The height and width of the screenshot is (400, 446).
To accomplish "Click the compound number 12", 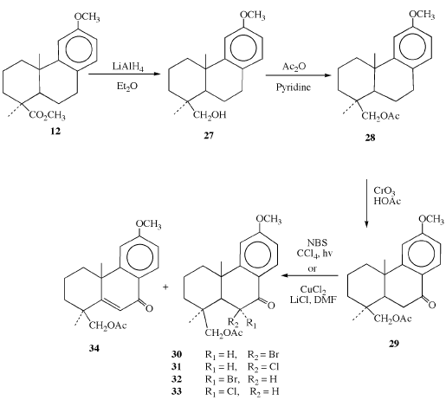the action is (55, 132).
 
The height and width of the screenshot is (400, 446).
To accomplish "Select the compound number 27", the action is (209, 135).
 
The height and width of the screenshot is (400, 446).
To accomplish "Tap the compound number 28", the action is (370, 138).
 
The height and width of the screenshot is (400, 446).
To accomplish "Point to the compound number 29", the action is (394, 344).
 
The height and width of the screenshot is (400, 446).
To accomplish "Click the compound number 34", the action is (94, 348).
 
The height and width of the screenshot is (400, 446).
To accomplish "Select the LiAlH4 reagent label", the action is (128, 68).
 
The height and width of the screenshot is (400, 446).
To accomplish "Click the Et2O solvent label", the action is (127, 87).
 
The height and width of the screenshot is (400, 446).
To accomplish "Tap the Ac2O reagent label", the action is (294, 68).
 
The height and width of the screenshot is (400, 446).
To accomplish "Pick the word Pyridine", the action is (294, 87).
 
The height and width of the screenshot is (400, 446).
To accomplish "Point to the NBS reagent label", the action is (317, 242).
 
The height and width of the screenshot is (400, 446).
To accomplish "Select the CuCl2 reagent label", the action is (313, 289).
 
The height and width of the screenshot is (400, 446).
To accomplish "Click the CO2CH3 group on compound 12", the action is (47, 115).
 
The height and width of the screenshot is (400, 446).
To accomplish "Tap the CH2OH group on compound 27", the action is (210, 115).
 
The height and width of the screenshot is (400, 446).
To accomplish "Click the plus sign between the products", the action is (165, 287).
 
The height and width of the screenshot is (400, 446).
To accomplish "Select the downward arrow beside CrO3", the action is (366, 203).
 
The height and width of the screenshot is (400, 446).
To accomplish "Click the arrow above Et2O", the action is (124, 74).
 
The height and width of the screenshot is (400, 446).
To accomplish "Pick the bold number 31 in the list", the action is (176, 366).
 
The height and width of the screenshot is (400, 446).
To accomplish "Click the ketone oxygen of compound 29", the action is (432, 305).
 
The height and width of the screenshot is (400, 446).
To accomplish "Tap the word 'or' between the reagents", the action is (312, 269).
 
